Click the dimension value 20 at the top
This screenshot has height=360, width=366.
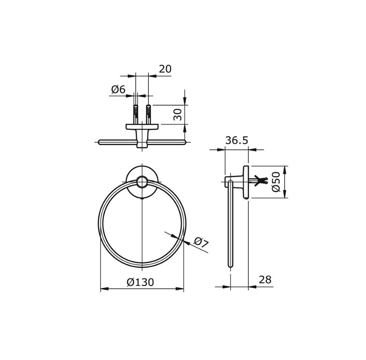pos(165,69)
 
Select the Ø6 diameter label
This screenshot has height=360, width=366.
pos(118,90)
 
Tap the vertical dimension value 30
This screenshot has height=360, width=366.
pos(177,114)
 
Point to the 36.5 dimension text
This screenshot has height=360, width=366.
pos(237,141)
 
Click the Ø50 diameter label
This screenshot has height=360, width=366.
pos(276,182)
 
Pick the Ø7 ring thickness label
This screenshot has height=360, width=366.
pos(201,242)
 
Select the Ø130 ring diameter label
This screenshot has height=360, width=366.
pos(140,282)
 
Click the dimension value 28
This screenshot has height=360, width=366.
pos(265,280)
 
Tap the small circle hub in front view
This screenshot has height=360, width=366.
pos(142,182)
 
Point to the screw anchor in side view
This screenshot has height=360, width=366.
pos(261,181)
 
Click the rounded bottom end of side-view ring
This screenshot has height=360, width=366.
pos(231,265)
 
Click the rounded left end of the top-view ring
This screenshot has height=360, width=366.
pos(100,142)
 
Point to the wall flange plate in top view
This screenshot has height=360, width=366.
pos(142,127)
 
